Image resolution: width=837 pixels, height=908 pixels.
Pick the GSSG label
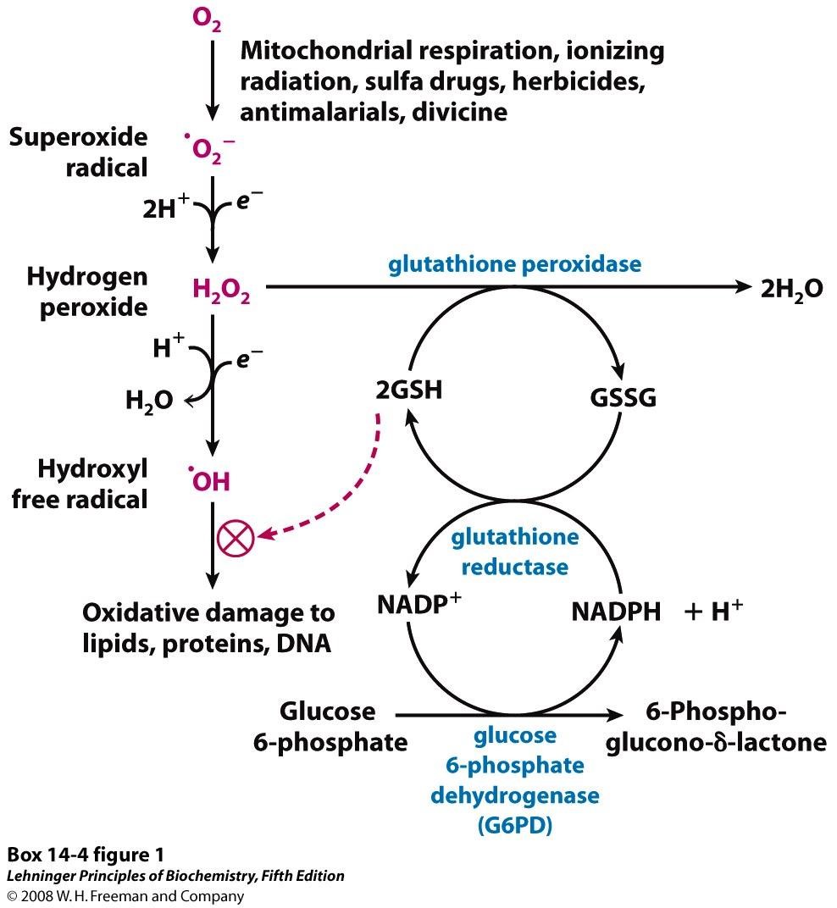coord(623,397)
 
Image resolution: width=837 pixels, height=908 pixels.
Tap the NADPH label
coord(616,612)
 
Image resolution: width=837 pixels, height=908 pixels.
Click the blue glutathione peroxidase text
coord(514,264)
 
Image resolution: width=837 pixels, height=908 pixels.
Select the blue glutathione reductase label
coord(514,551)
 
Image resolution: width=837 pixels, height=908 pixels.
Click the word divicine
coord(459,111)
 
